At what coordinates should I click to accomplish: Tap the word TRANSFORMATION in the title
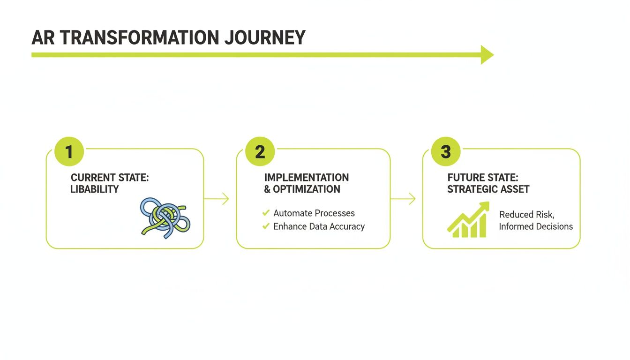point(139,37)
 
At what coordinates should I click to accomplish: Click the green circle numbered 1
point(69,152)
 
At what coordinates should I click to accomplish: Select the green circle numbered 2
point(260,152)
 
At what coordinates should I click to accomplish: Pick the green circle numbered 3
point(445,152)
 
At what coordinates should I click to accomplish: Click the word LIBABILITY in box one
point(94,189)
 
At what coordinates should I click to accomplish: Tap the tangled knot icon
point(165,216)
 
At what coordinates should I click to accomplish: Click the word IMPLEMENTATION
point(306,178)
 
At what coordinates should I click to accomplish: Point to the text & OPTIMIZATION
point(302,189)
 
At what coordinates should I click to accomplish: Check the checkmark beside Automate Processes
point(266,213)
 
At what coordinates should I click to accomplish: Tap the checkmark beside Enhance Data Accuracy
point(266,226)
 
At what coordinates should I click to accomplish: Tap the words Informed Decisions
point(536,226)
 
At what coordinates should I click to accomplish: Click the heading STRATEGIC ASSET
point(488,189)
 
